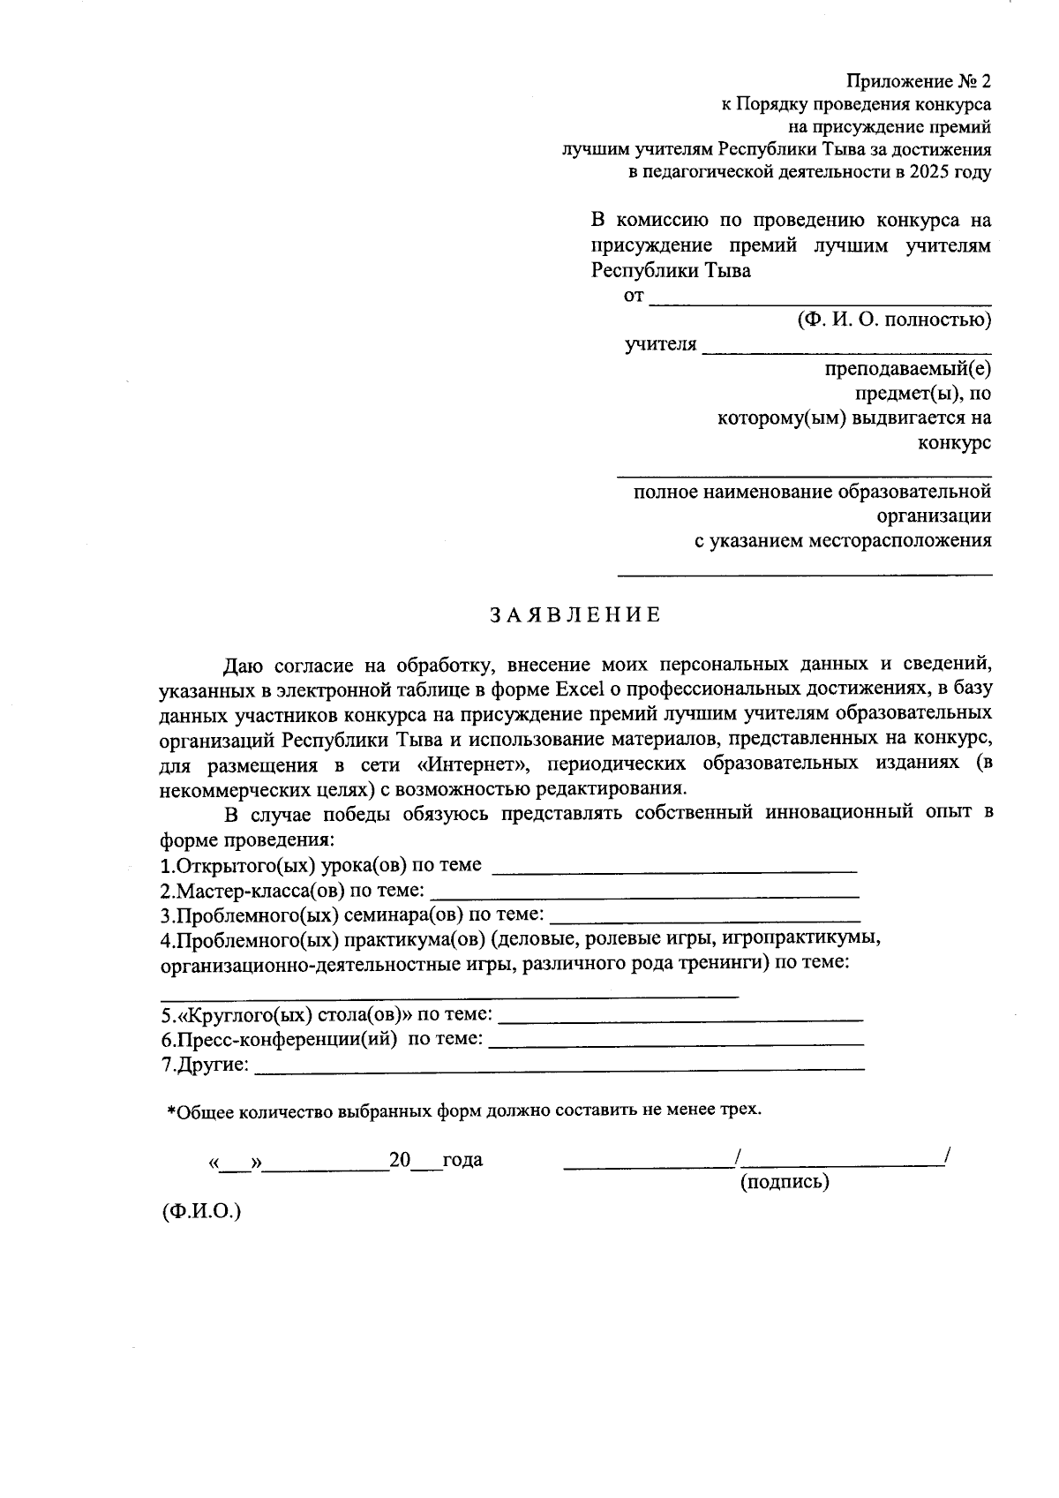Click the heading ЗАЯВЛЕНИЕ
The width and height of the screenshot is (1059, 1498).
575,615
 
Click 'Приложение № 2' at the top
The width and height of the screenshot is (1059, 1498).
918,81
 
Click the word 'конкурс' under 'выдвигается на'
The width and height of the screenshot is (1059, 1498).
954,442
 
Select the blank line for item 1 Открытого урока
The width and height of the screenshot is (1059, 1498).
674,869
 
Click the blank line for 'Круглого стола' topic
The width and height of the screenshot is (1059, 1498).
680,1018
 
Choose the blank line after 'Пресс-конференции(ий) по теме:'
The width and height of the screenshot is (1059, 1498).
675,1043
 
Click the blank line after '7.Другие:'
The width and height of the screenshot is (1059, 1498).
559,1067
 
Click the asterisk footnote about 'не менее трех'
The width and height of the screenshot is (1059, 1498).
464,1110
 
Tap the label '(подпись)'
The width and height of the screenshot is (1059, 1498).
784,1181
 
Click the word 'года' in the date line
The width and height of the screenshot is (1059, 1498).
462,1160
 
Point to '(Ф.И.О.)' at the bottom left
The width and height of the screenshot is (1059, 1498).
201,1211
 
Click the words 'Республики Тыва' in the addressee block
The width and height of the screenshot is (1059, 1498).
671,270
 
